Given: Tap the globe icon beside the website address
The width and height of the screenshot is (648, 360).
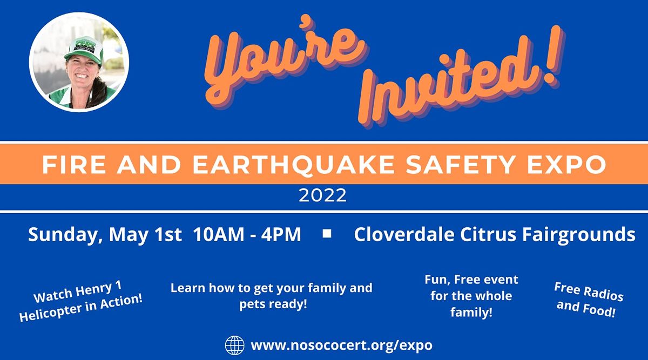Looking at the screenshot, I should click(x=234, y=345).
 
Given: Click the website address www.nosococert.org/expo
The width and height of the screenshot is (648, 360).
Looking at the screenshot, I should click(x=341, y=345).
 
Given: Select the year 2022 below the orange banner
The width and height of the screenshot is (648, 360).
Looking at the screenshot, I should click(x=323, y=196).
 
